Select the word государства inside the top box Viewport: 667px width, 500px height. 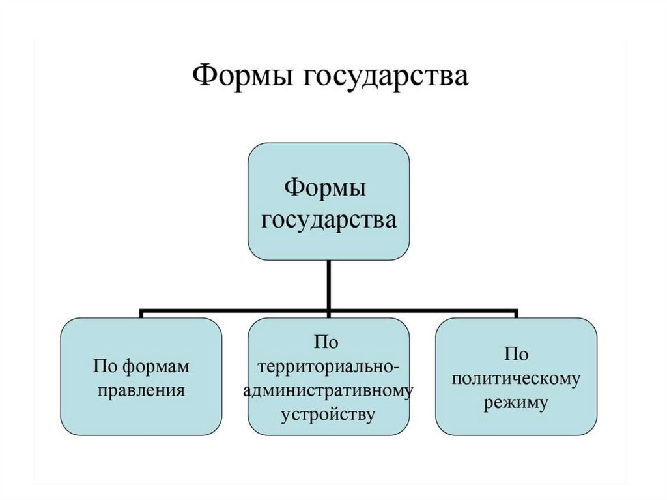click(x=329, y=219)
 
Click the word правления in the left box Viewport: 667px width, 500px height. click(x=141, y=392)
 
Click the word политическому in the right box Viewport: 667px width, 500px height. click(x=516, y=379)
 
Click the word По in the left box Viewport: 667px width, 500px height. click(x=107, y=367)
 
